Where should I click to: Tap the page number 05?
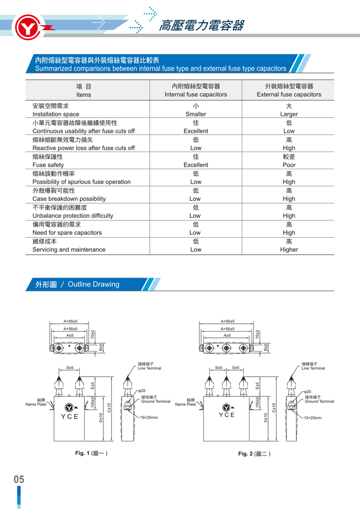18,479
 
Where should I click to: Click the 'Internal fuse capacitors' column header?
196,94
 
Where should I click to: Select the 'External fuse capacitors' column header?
289,94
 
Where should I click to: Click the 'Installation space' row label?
55,114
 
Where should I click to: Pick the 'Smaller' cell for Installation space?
196,114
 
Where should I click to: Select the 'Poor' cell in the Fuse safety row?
289,165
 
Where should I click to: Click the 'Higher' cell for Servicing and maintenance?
289,249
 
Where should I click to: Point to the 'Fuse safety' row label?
48,165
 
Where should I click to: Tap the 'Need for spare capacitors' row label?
67,232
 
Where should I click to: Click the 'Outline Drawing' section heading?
93,284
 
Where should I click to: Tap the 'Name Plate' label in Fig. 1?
36,404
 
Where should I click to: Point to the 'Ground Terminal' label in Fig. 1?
156,402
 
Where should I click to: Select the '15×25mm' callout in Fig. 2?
313,418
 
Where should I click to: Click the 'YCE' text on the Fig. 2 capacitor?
227,415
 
